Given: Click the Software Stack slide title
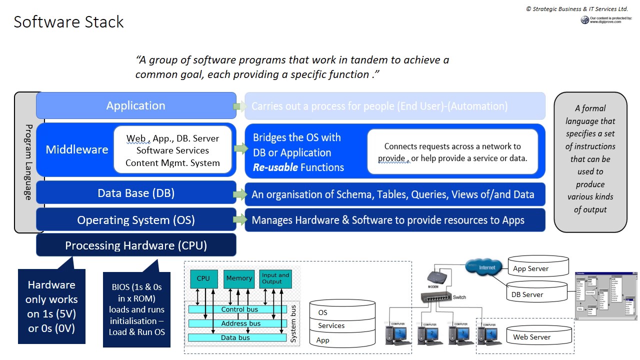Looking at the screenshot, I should point(68,22).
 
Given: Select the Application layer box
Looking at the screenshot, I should point(135,105).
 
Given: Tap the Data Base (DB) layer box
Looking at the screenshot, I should point(135,193).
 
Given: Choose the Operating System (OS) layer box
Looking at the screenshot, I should point(135,220).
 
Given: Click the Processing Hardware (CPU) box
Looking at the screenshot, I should point(135,245).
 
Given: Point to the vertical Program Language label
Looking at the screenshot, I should point(28,162).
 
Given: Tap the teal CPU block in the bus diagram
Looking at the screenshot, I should point(203,278).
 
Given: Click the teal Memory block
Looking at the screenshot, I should point(239,278).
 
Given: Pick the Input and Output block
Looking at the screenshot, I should point(275,278).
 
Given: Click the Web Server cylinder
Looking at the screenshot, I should point(539,335).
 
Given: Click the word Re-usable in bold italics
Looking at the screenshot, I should point(275,167).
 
